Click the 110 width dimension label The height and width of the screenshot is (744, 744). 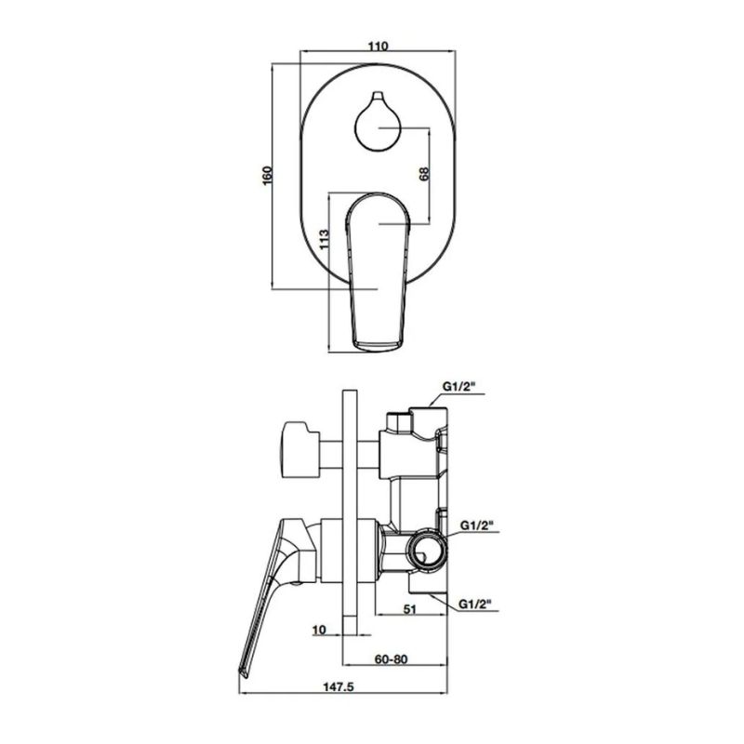379,46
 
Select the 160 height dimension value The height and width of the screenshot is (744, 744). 268,176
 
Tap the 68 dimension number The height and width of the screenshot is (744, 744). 424,174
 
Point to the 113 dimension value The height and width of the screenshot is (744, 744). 324,239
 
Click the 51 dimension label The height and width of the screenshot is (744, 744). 409,608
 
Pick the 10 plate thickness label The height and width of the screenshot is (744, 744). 319,630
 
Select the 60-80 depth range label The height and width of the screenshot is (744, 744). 391,659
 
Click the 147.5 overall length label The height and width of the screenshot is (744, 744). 339,686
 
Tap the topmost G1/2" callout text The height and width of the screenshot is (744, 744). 459,387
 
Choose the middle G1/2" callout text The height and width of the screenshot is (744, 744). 476,525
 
